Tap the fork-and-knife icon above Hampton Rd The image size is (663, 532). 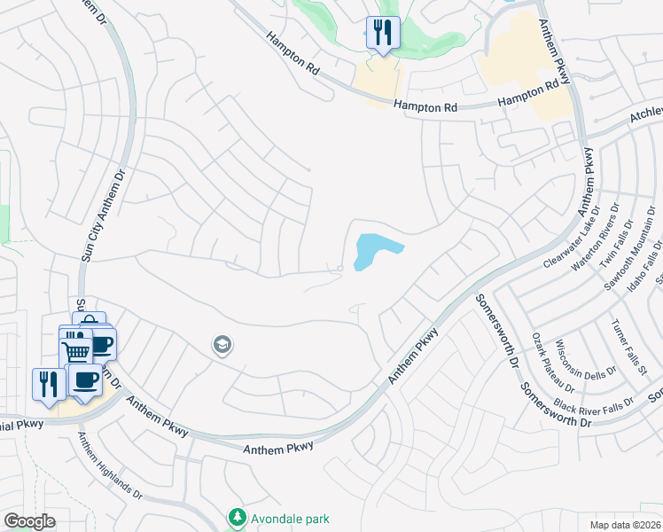(383, 34)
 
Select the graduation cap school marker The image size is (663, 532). (222, 345)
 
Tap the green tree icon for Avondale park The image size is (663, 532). (237, 516)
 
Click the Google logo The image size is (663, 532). (30, 520)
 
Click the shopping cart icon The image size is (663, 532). (76, 351)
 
